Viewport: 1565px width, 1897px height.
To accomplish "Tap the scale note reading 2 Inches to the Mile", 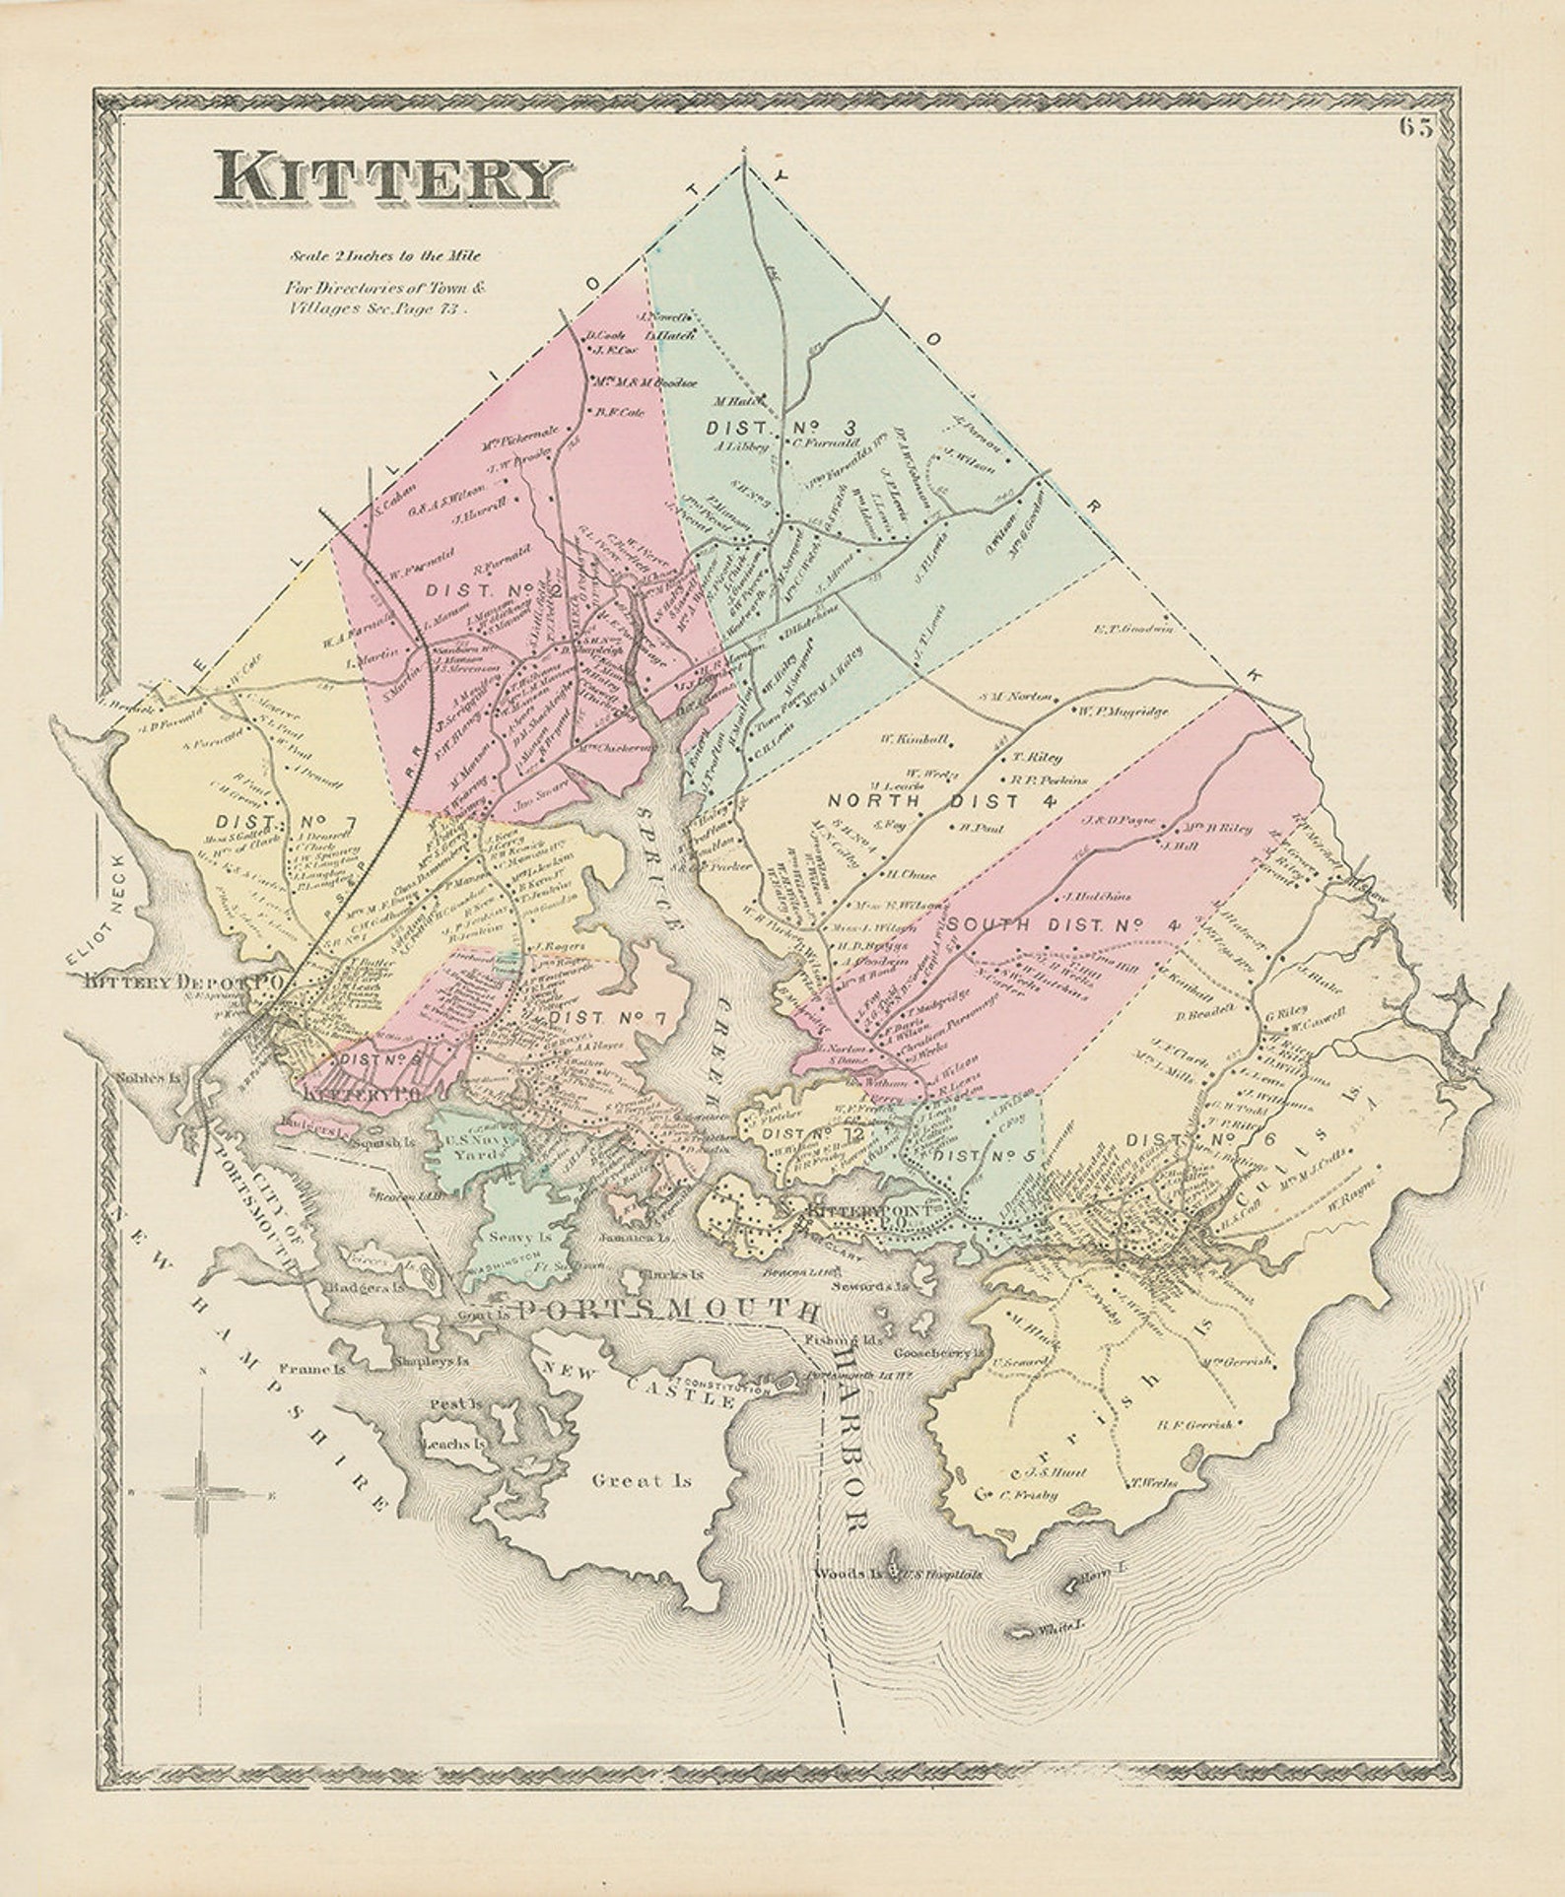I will tap(384, 256).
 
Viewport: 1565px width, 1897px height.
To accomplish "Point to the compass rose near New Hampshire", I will tap(203, 1494).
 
